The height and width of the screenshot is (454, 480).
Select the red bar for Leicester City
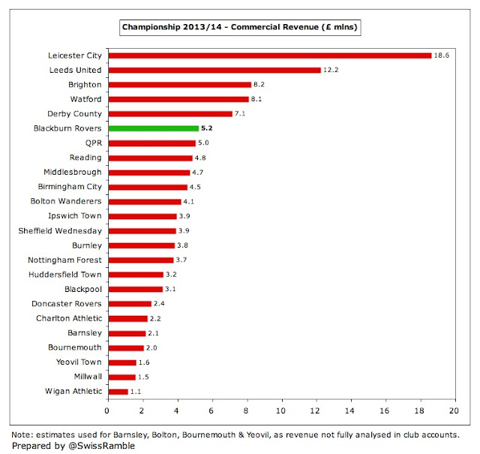pos(270,55)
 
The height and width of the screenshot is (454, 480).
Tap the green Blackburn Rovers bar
pos(153,128)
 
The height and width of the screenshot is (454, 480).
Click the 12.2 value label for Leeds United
pos(332,70)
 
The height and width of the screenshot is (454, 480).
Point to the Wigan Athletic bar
pos(118,391)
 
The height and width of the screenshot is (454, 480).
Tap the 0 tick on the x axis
pos(108,411)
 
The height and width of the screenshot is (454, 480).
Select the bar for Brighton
pos(179,84)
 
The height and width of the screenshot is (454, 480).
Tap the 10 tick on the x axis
pos(281,411)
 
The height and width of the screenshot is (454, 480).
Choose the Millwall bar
pos(121,377)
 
